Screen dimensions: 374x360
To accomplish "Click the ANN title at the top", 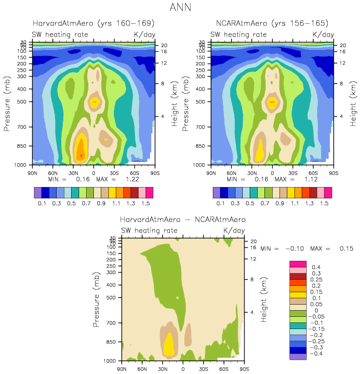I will click(x=181, y=8).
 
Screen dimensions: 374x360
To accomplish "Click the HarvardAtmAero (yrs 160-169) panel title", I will click(x=93, y=23).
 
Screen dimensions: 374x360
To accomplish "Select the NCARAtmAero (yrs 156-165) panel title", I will click(x=272, y=23).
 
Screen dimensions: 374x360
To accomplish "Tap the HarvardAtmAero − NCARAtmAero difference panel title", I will click(x=183, y=220).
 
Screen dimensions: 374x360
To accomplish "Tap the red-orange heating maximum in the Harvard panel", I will click(x=81, y=149).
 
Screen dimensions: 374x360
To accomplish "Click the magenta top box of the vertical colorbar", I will click(x=298, y=264).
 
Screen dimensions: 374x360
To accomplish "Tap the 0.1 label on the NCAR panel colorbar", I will click(x=221, y=204).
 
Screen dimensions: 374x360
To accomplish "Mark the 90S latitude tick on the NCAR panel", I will click(x=333, y=173).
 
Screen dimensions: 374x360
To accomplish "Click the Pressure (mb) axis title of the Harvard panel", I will click(x=7, y=104).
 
